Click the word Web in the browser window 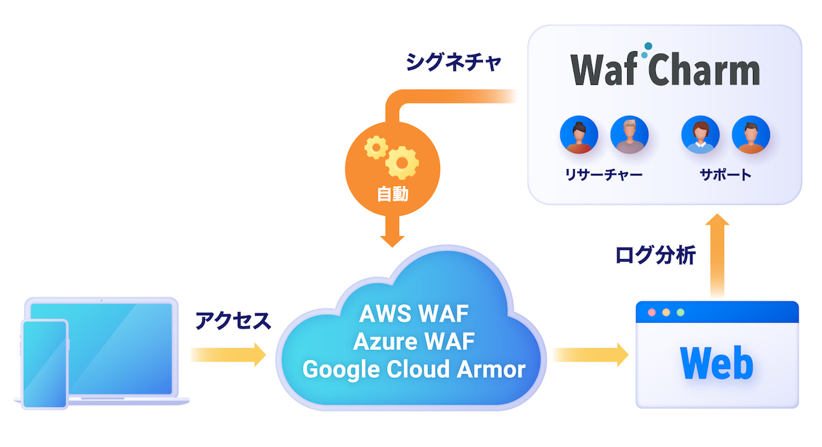pyautogui.click(x=716, y=363)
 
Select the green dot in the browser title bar pyautogui.click(x=680, y=313)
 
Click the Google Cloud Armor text pyautogui.click(x=414, y=368)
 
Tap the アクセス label pyautogui.click(x=233, y=321)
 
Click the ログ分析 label pyautogui.click(x=655, y=255)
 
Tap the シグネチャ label pyautogui.click(x=453, y=62)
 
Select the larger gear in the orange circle pyautogui.click(x=402, y=162)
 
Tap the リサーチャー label pyautogui.click(x=603, y=175)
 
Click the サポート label pyautogui.click(x=725, y=175)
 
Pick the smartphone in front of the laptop pyautogui.click(x=44, y=364)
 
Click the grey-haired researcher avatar pyautogui.click(x=629, y=135)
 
